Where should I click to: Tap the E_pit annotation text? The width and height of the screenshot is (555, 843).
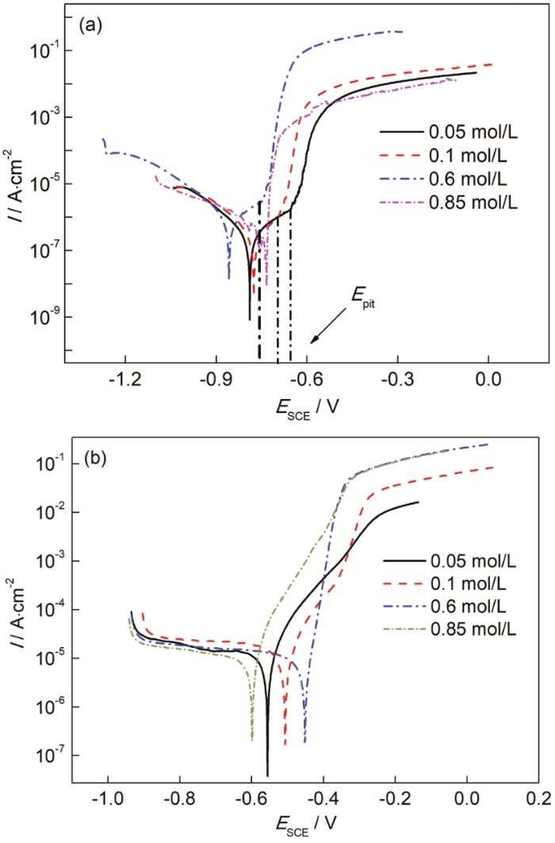362,295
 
